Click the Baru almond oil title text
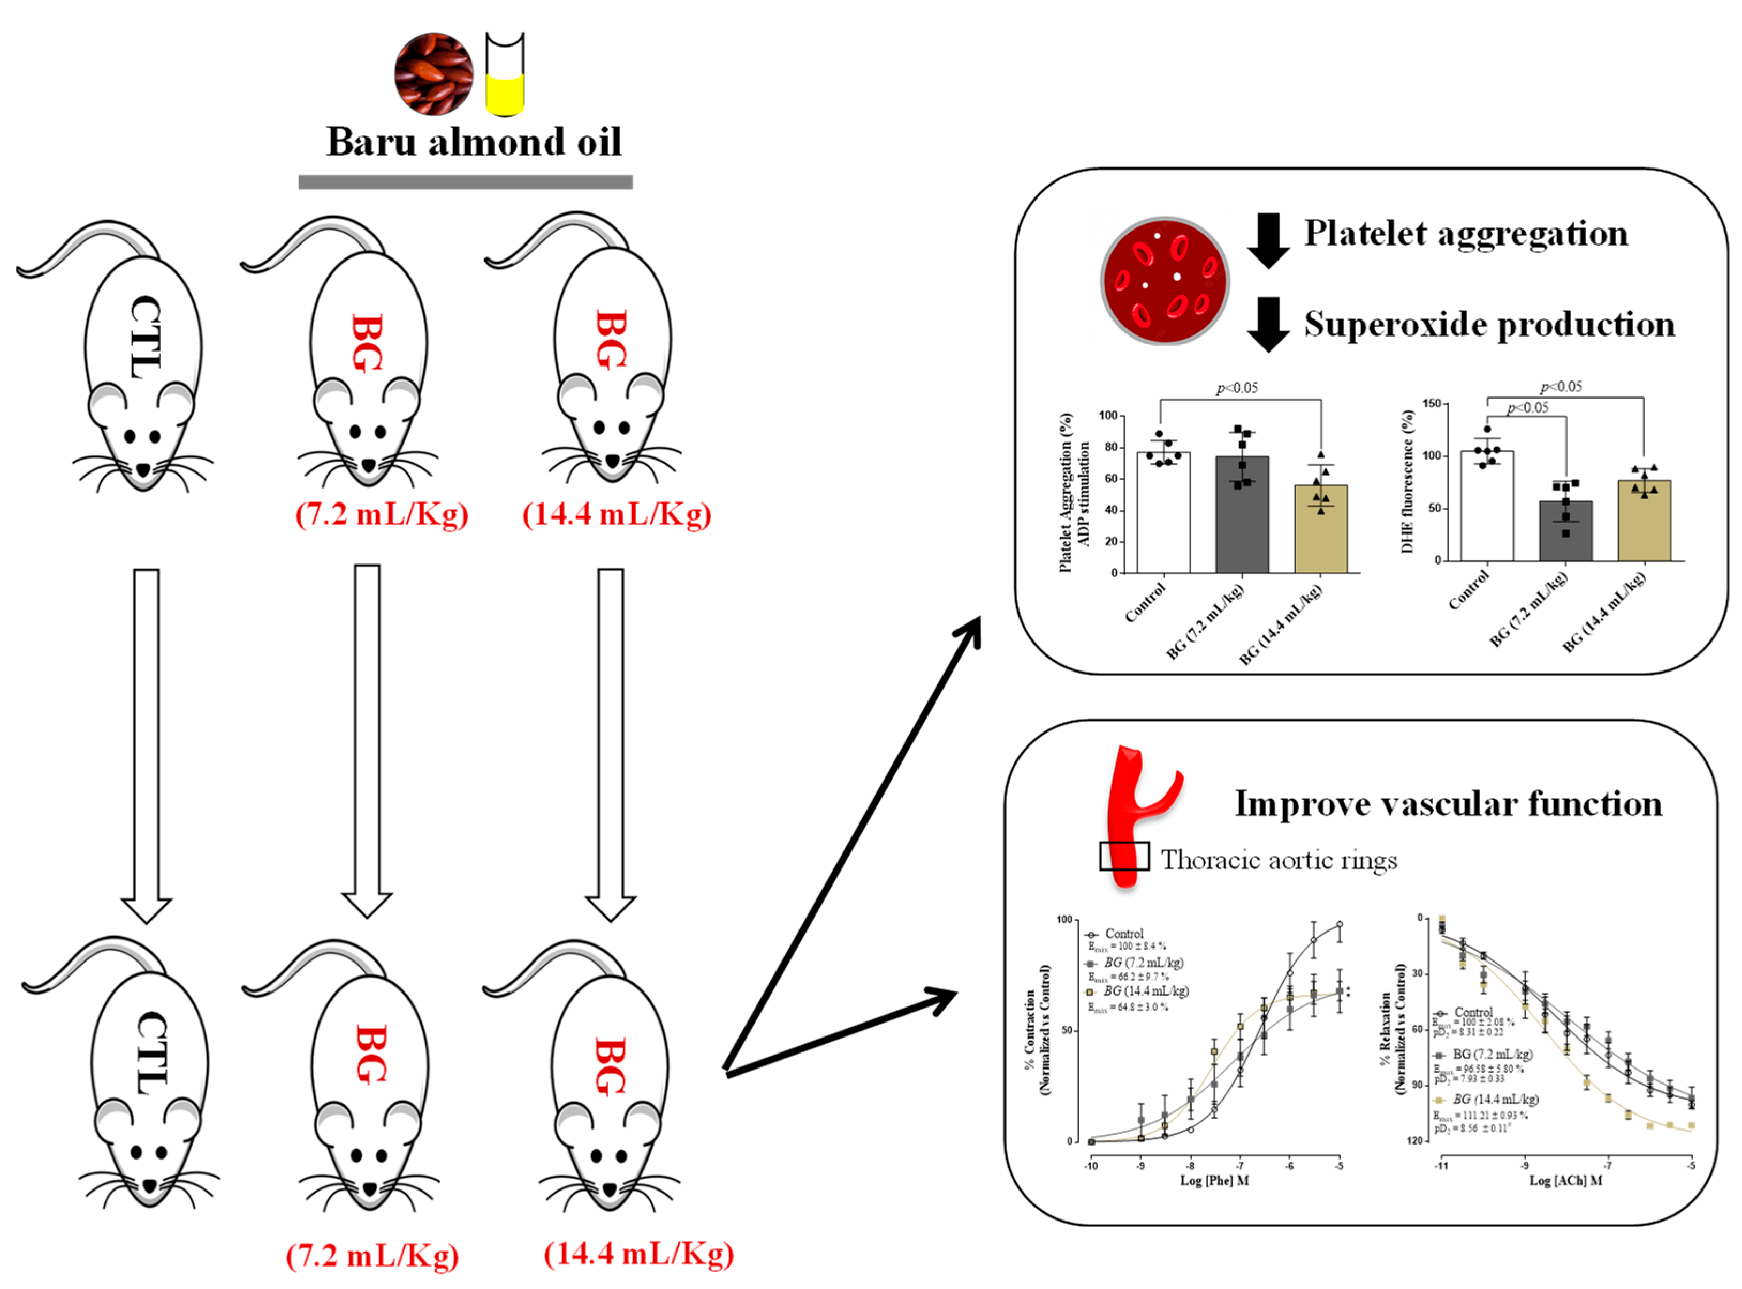click(x=474, y=142)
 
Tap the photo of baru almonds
click(x=433, y=73)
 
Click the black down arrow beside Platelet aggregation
click(x=1268, y=240)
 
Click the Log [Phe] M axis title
click(x=1214, y=1180)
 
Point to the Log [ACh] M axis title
click(x=1565, y=1180)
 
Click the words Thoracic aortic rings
click(x=1279, y=860)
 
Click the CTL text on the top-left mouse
click(x=145, y=337)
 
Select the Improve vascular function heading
click(x=1448, y=804)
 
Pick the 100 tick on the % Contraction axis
click(x=1064, y=920)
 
